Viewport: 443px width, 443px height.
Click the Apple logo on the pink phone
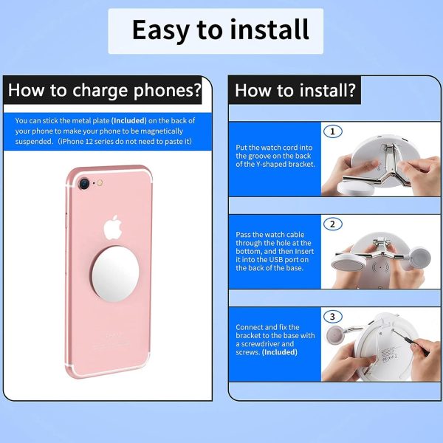click(x=113, y=227)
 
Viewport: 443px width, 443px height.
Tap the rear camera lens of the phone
click(x=84, y=184)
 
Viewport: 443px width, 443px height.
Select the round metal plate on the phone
click(x=115, y=274)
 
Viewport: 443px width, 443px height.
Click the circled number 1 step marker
click(x=332, y=131)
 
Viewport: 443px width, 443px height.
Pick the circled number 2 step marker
click(x=332, y=224)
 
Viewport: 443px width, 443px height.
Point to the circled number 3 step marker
click(x=332, y=317)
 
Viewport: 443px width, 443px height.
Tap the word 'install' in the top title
click(x=269, y=29)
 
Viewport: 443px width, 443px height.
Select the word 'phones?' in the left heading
click(x=168, y=91)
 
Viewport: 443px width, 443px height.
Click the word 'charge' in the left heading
click(x=100, y=91)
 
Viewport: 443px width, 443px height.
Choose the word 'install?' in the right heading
click(x=327, y=90)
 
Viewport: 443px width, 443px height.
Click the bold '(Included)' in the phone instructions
click(x=128, y=120)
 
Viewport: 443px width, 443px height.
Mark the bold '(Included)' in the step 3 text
click(x=280, y=352)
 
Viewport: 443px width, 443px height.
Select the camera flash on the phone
click(x=100, y=183)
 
